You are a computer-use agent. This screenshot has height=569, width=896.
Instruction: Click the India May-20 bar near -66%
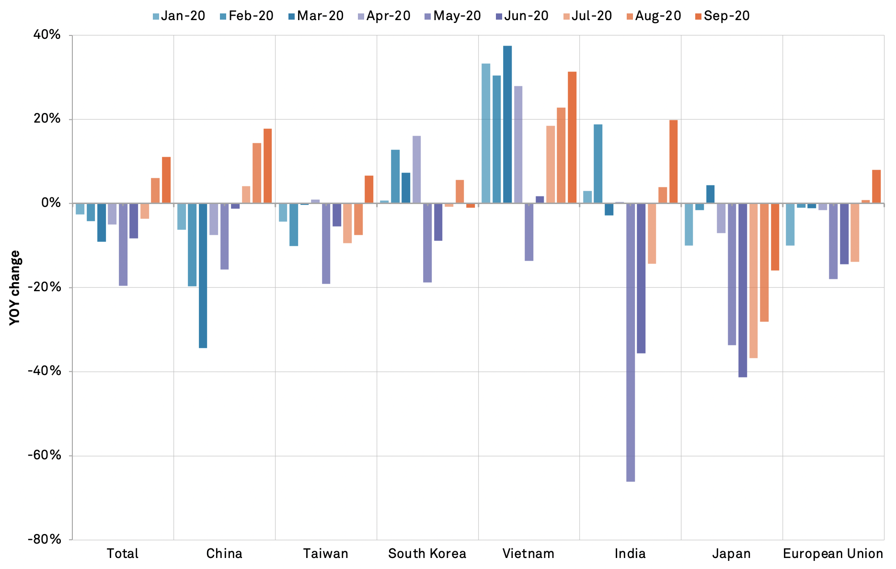pyautogui.click(x=631, y=342)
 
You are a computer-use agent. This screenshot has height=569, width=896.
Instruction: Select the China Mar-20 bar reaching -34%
pyautogui.click(x=203, y=275)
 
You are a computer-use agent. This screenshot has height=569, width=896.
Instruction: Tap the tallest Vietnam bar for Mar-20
pyautogui.click(x=507, y=125)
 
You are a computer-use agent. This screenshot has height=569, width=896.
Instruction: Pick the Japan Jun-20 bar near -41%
pyautogui.click(x=743, y=290)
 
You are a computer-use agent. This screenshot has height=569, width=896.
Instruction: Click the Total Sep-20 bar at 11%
pyautogui.click(x=166, y=180)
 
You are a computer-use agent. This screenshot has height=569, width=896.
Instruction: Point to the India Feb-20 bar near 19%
pyautogui.click(x=598, y=164)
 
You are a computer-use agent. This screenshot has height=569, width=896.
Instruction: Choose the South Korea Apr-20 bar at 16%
pyautogui.click(x=417, y=170)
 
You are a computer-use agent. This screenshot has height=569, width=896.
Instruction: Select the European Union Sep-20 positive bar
pyautogui.click(x=876, y=187)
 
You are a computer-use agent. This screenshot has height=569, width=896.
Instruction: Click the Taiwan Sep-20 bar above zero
pyautogui.click(x=369, y=190)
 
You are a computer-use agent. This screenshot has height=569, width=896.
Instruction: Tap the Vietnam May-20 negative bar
pyautogui.click(x=529, y=232)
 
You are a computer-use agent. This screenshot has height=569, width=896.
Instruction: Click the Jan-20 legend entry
pyautogui.click(x=178, y=16)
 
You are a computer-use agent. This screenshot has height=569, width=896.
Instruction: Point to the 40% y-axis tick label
pyautogui.click(x=47, y=35)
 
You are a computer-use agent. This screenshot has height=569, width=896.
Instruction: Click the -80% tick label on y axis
pyautogui.click(x=45, y=539)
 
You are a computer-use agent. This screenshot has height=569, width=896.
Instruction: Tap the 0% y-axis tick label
pyautogui.click(x=51, y=203)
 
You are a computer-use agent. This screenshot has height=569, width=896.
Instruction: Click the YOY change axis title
pyautogui.click(x=15, y=287)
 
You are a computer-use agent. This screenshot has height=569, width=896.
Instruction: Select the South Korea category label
pyautogui.click(x=427, y=554)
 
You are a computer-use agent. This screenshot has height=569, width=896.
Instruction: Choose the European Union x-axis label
pyautogui.click(x=833, y=554)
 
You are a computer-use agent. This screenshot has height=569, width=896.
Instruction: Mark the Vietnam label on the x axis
pyautogui.click(x=528, y=554)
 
